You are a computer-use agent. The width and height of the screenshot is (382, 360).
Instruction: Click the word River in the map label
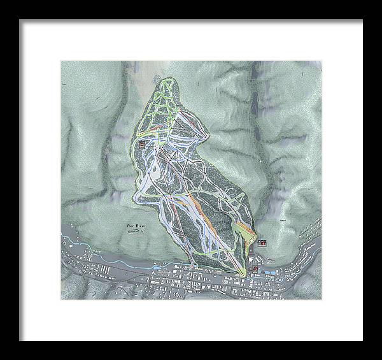[141, 227]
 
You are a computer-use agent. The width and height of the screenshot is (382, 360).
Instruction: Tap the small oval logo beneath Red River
[134, 233]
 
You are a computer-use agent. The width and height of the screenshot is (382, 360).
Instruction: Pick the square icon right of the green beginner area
[262, 242]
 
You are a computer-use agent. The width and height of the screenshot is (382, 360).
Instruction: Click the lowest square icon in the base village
[255, 268]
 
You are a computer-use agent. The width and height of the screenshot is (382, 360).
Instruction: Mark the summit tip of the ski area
[169, 80]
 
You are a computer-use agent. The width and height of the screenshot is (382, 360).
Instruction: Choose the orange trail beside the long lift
[210, 217]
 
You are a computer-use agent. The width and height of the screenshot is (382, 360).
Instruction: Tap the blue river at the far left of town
[70, 241]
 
